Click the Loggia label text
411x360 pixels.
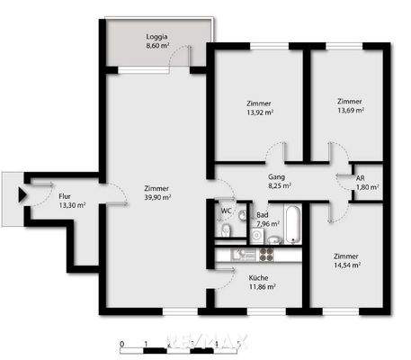pyautogui.click(x=157, y=37)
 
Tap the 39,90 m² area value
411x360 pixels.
pyautogui.click(x=157, y=198)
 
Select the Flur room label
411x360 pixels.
pyautogui.click(x=65, y=195)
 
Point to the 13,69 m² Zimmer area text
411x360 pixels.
pyautogui.click(x=350, y=111)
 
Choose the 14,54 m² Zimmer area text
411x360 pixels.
pyautogui.click(x=346, y=265)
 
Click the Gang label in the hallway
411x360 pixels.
pyautogui.click(x=277, y=177)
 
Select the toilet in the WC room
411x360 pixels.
pyautogui.click(x=227, y=232)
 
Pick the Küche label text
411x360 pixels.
pyautogui.click(x=258, y=277)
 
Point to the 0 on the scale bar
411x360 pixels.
pyautogui.click(x=121, y=345)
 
